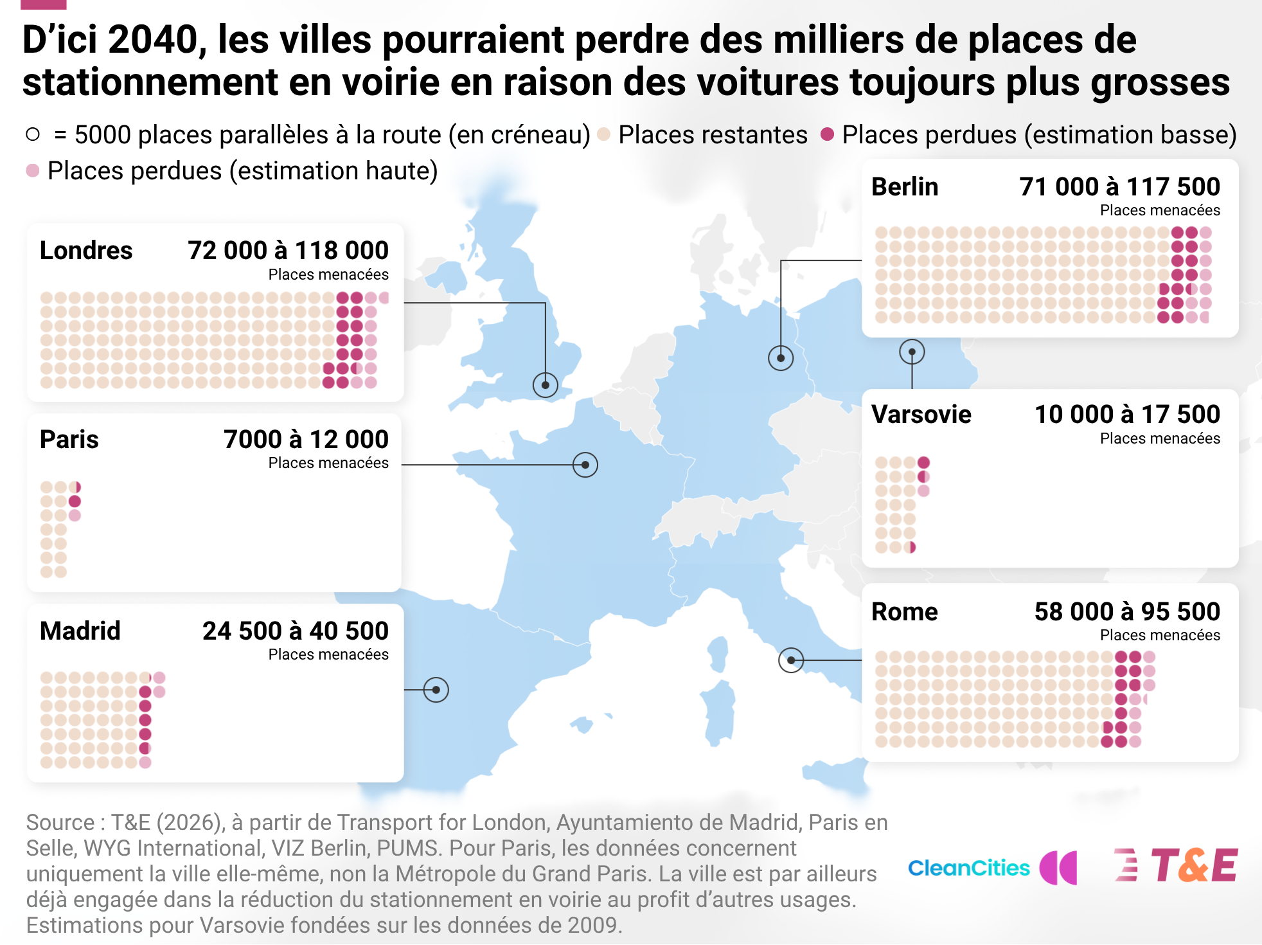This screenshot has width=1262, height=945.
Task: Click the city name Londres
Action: pos(86,250)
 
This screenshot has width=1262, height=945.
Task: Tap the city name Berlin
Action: pos(905,186)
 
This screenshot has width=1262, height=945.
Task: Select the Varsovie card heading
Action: pos(921,414)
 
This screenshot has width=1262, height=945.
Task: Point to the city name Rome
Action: pos(905,611)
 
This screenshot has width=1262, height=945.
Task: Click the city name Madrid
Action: pos(80,631)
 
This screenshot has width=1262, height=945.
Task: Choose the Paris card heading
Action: pos(69,439)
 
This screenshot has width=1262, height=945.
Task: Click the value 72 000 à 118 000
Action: pos(288,250)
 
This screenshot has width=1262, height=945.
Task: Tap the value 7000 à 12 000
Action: pos(306,439)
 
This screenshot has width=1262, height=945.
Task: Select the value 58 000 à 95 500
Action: pos(1127,611)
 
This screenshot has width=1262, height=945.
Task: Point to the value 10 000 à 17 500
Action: pos(1127,414)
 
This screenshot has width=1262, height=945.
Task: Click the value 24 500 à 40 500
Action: pos(296,631)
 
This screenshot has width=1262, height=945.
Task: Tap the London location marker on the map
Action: pos(546,385)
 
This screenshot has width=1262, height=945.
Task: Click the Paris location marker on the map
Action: pos(585,465)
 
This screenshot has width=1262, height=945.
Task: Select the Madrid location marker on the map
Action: pos(436,690)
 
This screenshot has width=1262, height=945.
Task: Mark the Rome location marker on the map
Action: pos(791,660)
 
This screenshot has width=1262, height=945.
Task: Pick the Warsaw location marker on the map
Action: pos(912,352)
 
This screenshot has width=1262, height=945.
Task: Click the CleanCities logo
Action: pos(992,867)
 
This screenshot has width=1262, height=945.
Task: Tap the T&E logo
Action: pos(1176,865)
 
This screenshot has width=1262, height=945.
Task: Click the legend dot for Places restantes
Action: pos(604,134)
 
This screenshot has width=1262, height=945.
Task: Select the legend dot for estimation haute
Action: pos(33,170)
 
